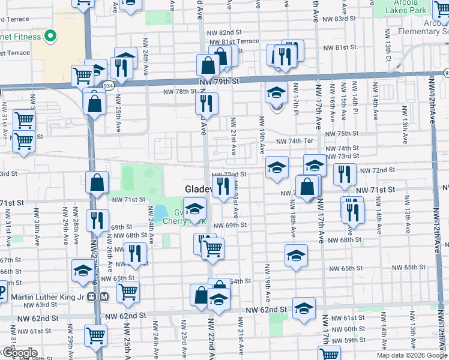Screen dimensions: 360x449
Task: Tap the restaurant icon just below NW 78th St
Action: click(x=206, y=104)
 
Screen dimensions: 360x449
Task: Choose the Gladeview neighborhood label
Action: click(x=198, y=189)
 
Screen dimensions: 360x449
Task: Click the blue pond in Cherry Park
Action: click(x=160, y=212)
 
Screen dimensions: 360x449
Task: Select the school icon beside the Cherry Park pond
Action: click(x=194, y=210)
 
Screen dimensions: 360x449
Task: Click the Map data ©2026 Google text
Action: click(x=412, y=355)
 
